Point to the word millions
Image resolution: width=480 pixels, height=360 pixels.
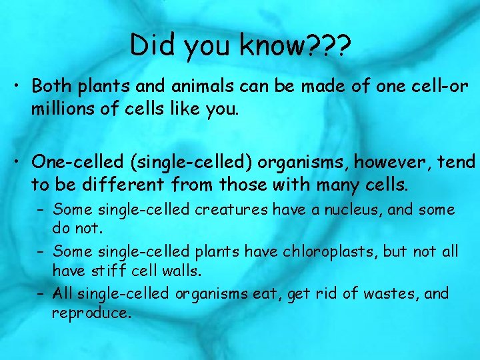[x=60, y=109]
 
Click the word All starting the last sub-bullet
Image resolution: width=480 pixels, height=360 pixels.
[x=64, y=293]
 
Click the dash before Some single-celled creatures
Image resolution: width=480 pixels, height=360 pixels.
[x=41, y=210]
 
